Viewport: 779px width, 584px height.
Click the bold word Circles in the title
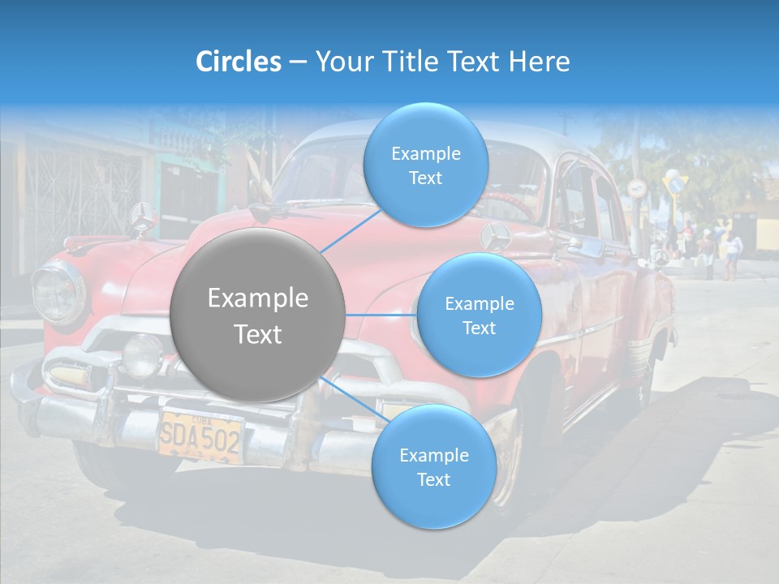click(x=238, y=62)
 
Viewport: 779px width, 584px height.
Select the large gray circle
click(x=258, y=316)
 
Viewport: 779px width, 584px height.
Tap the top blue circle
click(x=425, y=165)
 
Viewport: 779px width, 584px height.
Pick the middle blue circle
click(x=479, y=316)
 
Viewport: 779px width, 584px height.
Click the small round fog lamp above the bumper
click(x=141, y=355)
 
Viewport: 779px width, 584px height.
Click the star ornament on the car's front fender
click(x=495, y=238)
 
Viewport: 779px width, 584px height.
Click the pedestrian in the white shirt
click(x=732, y=252)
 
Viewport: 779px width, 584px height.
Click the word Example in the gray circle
click(x=258, y=298)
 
